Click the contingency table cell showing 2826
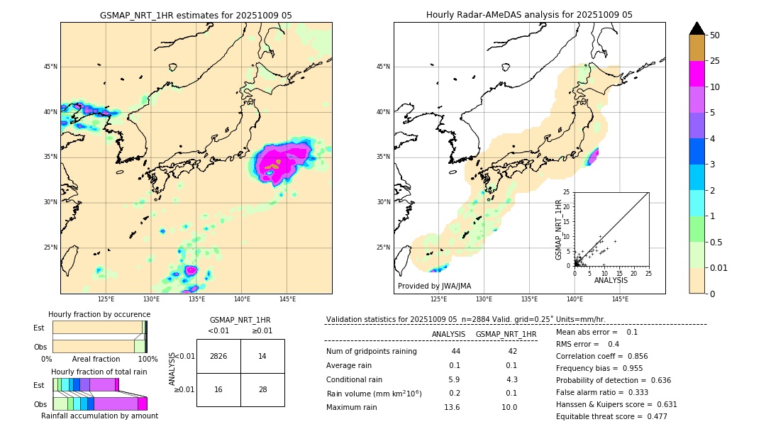click(218, 356)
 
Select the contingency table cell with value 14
click(262, 356)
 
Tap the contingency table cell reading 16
click(218, 389)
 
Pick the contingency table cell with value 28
click(262, 389)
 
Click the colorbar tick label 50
click(715, 35)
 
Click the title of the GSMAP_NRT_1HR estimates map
click(196, 15)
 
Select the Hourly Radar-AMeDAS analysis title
click(529, 15)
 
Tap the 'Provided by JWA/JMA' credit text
click(434, 286)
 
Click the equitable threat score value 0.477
click(653, 416)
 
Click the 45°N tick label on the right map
click(383, 67)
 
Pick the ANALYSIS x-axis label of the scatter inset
click(611, 280)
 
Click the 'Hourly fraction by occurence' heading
click(99, 314)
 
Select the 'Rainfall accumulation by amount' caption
click(100, 416)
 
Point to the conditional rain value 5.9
click(454, 379)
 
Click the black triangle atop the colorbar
click(697, 28)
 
